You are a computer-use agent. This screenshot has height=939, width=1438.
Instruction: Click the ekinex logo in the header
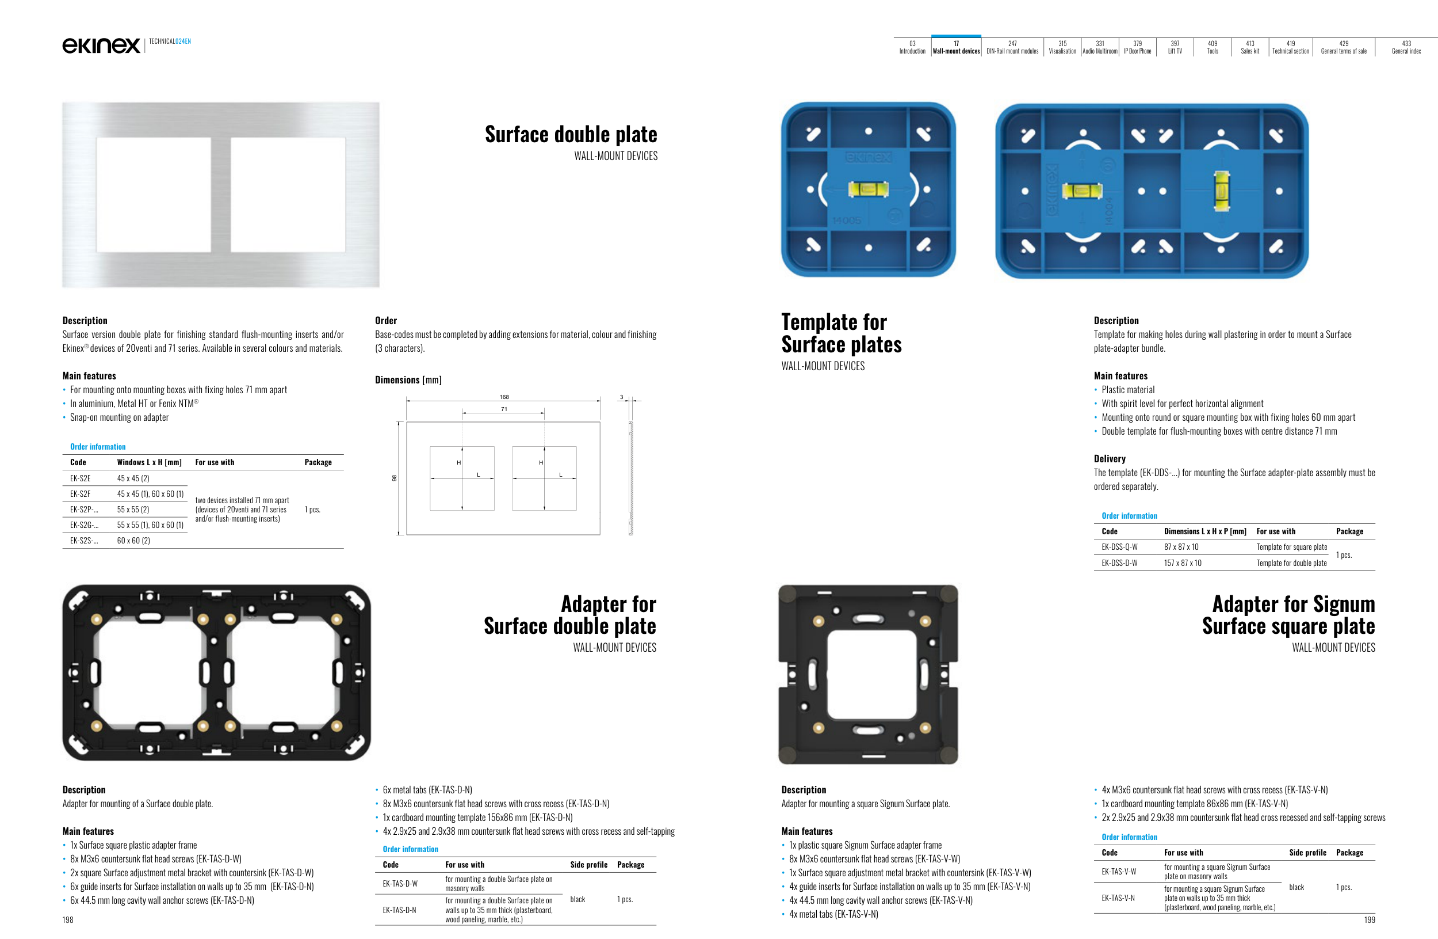click(x=101, y=45)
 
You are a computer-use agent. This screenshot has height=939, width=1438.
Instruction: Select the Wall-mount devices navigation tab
click(x=956, y=47)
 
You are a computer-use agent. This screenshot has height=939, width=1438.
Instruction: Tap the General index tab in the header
click(x=1406, y=47)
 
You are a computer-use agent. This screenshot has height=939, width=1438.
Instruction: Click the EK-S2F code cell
click(x=81, y=494)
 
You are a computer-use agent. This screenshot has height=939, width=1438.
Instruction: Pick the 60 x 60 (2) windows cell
click(x=133, y=541)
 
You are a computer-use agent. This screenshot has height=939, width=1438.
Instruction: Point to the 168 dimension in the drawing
click(x=504, y=397)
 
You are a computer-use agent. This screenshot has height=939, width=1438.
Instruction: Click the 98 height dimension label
click(x=395, y=478)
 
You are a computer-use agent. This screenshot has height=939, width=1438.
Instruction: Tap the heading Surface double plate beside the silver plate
click(x=571, y=134)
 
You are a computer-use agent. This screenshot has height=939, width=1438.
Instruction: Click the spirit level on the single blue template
click(x=868, y=189)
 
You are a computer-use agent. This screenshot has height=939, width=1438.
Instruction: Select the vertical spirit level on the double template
click(x=1221, y=191)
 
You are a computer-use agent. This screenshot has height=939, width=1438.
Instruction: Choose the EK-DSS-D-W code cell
click(x=1119, y=563)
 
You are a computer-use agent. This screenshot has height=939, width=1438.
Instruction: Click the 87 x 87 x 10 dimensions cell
click(x=1181, y=547)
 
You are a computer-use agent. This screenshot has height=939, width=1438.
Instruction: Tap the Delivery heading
click(x=1110, y=459)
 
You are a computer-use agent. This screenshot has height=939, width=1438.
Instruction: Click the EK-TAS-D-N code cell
click(x=399, y=910)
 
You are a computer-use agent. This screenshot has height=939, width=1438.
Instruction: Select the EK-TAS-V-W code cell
click(x=1118, y=871)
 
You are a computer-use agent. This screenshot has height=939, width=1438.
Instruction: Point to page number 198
click(x=68, y=919)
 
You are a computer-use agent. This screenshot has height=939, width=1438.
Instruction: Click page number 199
click(x=1369, y=919)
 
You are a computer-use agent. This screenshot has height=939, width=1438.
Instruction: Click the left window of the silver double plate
click(x=154, y=194)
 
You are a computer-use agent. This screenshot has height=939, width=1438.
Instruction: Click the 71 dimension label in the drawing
click(x=504, y=409)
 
